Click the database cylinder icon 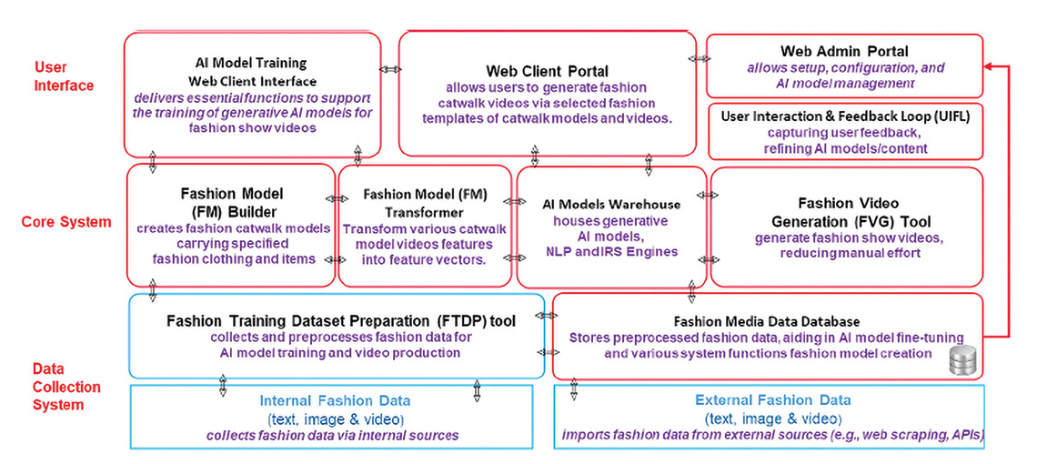[x=961, y=361]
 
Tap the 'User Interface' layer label [x=64, y=76]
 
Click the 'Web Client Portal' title [x=547, y=71]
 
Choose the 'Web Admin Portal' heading [x=844, y=51]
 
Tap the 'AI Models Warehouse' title [x=610, y=204]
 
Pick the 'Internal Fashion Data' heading [x=335, y=400]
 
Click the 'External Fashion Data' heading [x=772, y=399]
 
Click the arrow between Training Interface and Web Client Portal [x=389, y=69]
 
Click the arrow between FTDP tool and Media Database [x=548, y=316]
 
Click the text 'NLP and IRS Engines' [x=610, y=252]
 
